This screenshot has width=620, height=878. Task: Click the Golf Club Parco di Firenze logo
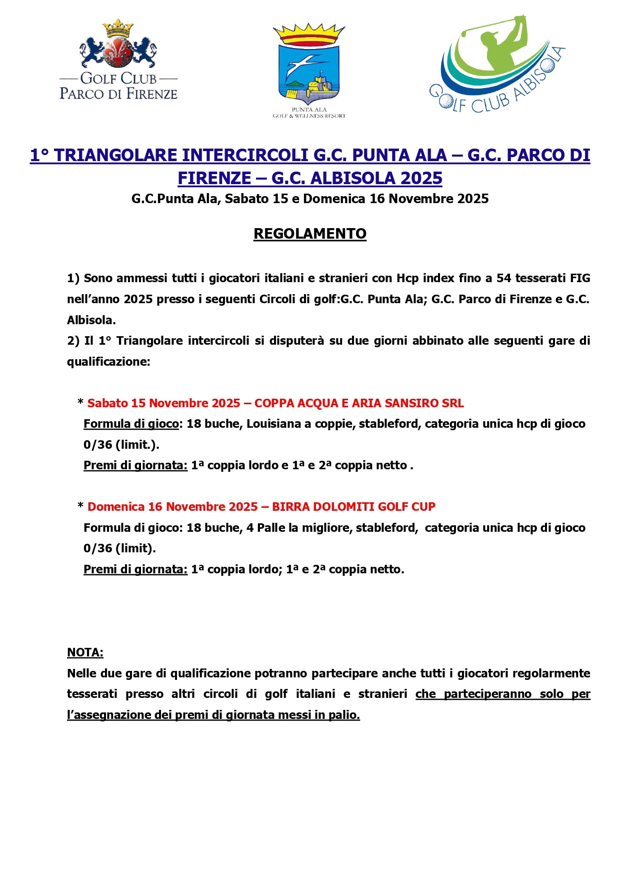pos(118,60)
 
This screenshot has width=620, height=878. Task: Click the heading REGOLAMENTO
pos(310,234)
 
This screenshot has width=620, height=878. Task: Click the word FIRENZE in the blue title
pos(214,178)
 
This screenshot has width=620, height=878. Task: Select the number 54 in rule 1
pos(503,278)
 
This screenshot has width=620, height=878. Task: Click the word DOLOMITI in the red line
pos(348,507)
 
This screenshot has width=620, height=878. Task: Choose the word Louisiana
pos(273,424)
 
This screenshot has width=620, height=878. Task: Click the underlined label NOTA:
pos(85,652)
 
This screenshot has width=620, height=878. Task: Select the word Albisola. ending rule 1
pos(91,320)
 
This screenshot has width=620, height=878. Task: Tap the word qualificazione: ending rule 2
pos(108,362)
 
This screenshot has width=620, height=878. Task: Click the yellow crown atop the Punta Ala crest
pos(309,34)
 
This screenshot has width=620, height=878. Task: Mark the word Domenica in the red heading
pos(116,507)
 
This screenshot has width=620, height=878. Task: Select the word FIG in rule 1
pos(580,278)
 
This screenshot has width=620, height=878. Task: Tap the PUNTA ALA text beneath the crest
pos(309,110)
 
